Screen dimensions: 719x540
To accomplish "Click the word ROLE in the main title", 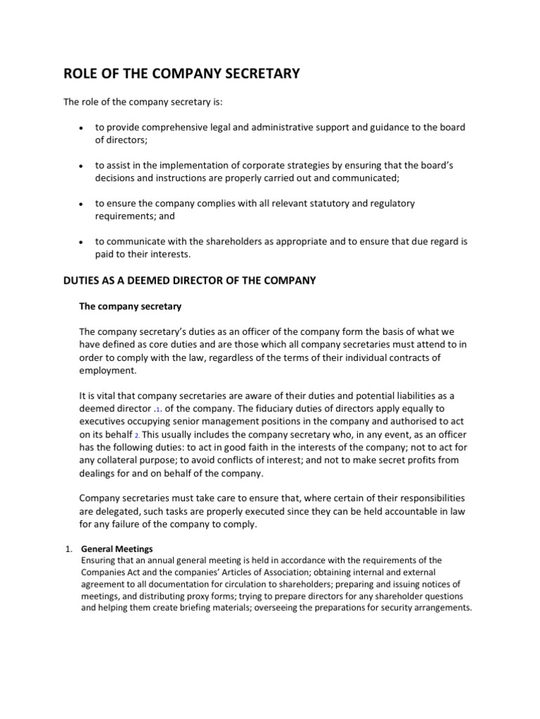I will (81, 74).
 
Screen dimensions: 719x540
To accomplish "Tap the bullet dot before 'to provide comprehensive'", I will (82, 128).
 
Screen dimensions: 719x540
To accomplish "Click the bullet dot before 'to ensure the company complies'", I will (82, 204).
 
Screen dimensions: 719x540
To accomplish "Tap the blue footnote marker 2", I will (137, 435).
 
